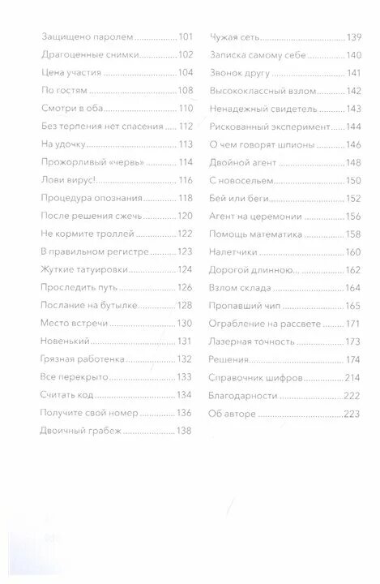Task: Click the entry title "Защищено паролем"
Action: [86, 37]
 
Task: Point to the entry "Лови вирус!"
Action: [62, 179]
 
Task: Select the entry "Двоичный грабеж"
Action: [80, 430]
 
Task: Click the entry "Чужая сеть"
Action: [236, 37]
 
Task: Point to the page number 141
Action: [353, 73]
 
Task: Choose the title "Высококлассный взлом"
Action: [263, 91]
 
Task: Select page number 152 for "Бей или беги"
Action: [353, 198]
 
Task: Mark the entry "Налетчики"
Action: [233, 251]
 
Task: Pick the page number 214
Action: [353, 376]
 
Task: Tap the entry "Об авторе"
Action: [233, 412]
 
